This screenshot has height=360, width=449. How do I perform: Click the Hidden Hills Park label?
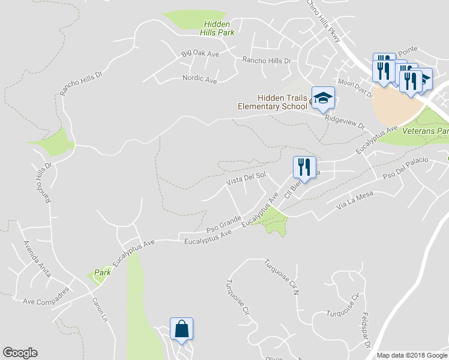point(217,28)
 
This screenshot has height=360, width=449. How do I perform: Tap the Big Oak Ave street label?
point(200,54)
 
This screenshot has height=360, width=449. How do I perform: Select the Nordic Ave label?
point(199,79)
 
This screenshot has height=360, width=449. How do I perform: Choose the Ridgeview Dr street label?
point(345,122)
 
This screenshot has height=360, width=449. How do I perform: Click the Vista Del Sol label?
point(246,178)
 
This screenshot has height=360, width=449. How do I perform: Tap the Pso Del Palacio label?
point(406,169)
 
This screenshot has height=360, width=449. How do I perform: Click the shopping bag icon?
point(181,329)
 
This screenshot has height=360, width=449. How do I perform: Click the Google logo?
point(20,353)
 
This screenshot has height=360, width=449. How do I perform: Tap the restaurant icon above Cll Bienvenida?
point(304,167)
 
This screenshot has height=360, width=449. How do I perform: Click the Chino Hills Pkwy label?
point(324,21)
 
